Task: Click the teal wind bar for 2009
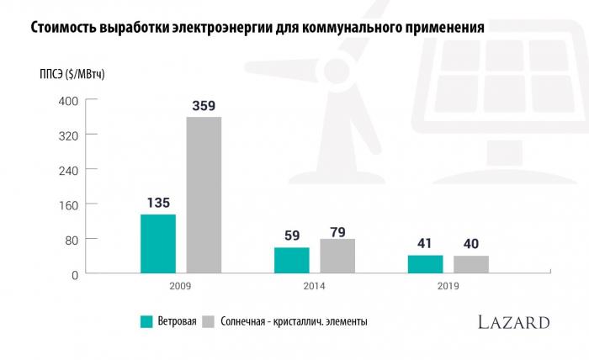pos(157,244)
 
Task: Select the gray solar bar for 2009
pos(204,195)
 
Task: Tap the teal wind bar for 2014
pos(292,261)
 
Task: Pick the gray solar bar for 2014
pos(337,257)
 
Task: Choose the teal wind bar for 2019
pos(425,264)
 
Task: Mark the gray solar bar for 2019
pos(471,264)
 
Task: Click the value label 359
pos(204,106)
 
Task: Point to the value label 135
pos(158,203)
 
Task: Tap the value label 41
pos(425,244)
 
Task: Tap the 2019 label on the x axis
pos(448,287)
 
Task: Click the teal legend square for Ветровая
pos(146,321)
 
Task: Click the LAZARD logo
pos(513,322)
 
